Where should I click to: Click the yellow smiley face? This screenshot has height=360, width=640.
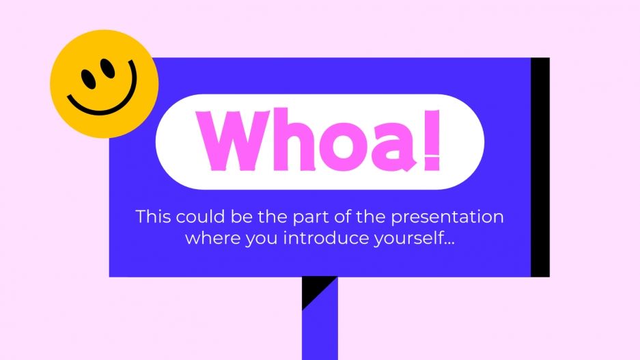point(105,83)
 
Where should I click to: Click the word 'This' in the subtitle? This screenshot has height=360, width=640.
point(153,217)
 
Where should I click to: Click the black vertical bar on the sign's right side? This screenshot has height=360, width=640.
point(540,167)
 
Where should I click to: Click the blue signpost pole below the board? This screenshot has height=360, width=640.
point(320,328)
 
